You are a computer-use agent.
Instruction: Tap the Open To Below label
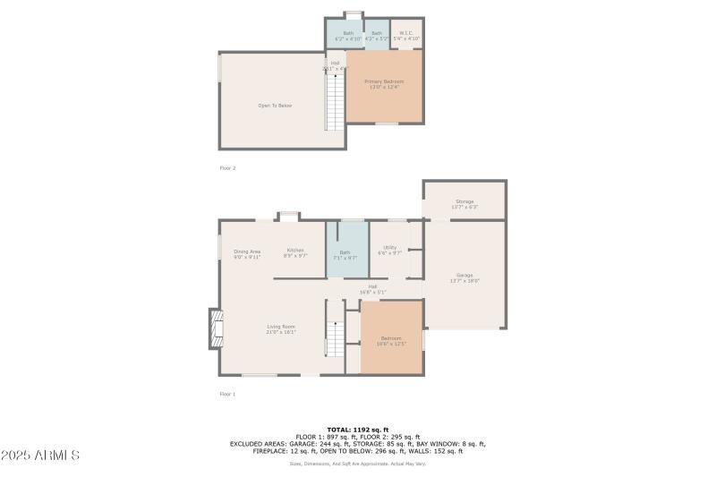tap(275, 106)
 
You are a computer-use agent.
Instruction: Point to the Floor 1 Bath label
tap(345, 255)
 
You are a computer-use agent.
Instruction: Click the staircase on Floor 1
tap(334, 338)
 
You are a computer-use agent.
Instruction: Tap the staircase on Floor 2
tap(335, 101)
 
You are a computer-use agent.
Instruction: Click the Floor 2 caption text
tap(227, 167)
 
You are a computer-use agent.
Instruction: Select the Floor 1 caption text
tap(227, 394)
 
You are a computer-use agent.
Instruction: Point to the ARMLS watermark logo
tap(40, 456)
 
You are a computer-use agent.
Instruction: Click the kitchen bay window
tap(288, 215)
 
